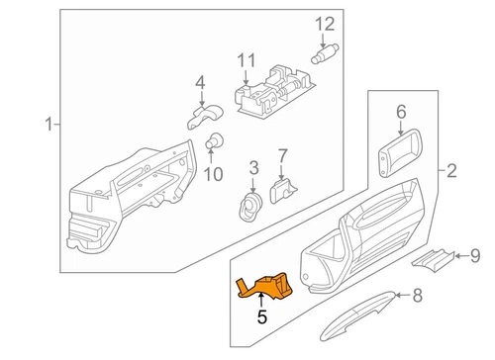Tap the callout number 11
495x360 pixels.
245,61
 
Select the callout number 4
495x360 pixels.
199,82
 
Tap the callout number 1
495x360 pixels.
46,124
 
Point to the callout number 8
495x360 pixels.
417,294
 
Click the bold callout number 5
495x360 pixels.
262,317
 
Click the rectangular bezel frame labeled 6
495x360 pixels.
398,155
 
